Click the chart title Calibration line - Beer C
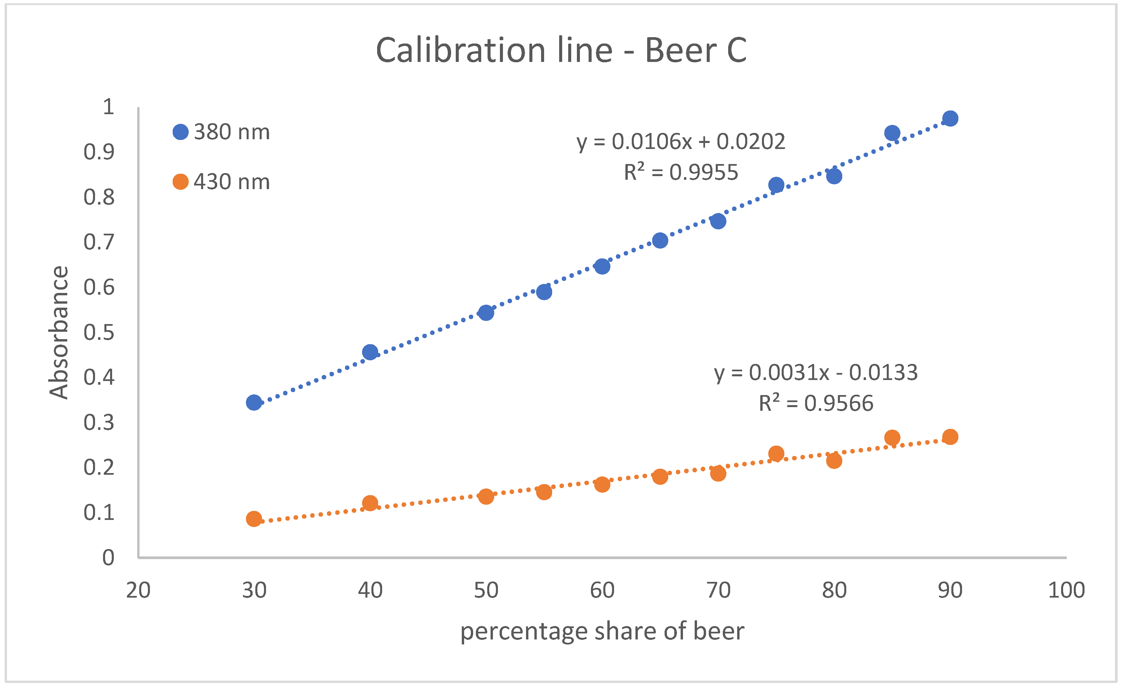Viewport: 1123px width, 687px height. click(561, 50)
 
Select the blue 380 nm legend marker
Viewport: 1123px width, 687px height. click(180, 132)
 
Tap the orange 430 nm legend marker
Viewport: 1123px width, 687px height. click(180, 182)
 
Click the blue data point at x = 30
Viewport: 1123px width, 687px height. click(254, 402)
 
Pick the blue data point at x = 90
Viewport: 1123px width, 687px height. click(950, 119)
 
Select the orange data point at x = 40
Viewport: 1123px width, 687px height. click(370, 503)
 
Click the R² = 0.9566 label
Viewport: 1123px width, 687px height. click(815, 403)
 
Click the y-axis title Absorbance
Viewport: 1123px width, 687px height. click(59, 332)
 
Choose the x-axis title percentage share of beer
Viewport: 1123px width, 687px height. click(602, 631)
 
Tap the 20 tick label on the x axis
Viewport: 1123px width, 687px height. click(138, 590)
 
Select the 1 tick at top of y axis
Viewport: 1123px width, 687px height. click(108, 107)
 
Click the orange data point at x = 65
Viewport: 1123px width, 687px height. click(660, 477)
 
